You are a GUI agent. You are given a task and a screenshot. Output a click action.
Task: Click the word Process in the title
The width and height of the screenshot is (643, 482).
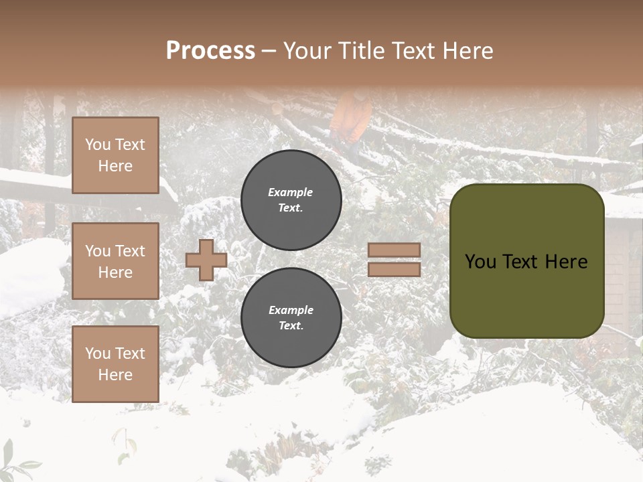tap(210, 51)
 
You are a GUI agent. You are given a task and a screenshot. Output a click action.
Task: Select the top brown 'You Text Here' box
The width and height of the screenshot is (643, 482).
tap(115, 155)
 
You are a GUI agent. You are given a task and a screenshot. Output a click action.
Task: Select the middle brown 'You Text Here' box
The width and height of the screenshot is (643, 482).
tap(115, 261)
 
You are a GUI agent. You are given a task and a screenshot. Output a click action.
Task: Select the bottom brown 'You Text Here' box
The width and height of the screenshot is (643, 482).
tap(115, 364)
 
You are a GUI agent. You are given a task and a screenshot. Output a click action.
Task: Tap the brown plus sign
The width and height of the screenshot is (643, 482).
tap(206, 260)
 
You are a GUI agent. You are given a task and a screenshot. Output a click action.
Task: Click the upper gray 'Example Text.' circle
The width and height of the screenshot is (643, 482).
tap(291, 200)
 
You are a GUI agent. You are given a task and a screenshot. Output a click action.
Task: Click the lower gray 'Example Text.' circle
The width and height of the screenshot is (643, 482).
tap(291, 318)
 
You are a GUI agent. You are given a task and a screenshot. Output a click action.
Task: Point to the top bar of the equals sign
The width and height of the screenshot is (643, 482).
tap(394, 250)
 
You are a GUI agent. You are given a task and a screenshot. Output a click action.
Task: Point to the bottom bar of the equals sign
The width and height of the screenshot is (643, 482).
tap(394, 269)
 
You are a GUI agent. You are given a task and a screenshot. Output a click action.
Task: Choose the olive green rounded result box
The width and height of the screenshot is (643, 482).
tap(526, 261)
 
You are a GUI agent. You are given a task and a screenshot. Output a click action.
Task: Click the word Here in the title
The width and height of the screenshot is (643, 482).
tap(466, 51)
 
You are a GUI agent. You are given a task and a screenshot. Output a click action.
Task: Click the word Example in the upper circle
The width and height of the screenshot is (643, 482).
tap(291, 192)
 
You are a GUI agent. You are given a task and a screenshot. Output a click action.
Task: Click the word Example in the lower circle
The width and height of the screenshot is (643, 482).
tap(291, 310)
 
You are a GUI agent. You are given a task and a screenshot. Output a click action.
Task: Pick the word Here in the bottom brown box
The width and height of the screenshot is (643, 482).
tap(115, 375)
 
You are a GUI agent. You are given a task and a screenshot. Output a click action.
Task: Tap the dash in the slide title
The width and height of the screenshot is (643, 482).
tap(269, 51)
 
